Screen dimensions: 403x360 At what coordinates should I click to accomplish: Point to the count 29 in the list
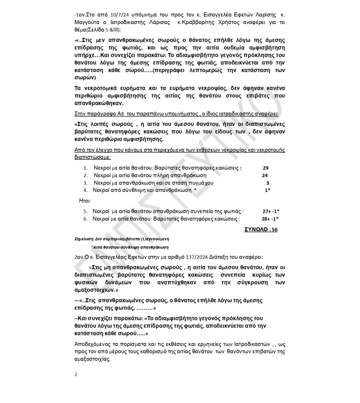pyautogui.click(x=265, y=168)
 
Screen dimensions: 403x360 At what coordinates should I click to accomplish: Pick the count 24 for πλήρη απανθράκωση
pyautogui.click(x=265, y=175)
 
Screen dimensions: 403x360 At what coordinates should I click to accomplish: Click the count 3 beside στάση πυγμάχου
pyautogui.click(x=267, y=183)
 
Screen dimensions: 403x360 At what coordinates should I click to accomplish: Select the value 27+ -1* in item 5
pyautogui.click(x=271, y=211)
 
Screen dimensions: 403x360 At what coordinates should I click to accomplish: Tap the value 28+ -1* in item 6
pyautogui.click(x=271, y=219)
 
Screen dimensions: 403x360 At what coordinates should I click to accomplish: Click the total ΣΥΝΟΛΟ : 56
pyautogui.click(x=261, y=229)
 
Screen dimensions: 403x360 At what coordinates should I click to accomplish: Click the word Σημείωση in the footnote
pyautogui.click(x=84, y=239)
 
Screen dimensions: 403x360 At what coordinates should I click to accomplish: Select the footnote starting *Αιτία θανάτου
pyautogui.click(x=130, y=247)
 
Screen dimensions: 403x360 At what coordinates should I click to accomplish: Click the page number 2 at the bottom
pyautogui.click(x=76, y=374)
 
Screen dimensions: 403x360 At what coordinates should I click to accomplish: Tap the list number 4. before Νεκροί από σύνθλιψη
pyautogui.click(x=85, y=190)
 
